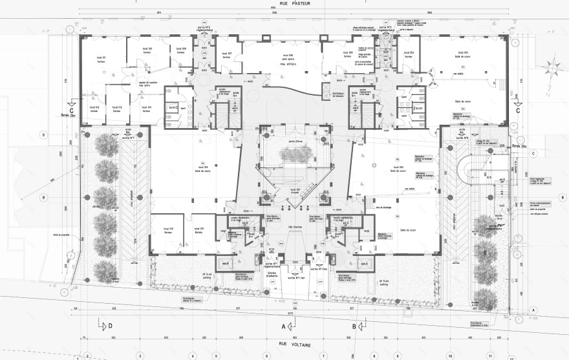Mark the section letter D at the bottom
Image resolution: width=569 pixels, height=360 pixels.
[111, 326]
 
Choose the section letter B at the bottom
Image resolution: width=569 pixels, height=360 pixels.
[354, 326]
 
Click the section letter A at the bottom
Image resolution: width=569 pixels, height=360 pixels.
[283, 326]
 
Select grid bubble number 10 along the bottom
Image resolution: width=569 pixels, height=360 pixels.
[450, 355]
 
